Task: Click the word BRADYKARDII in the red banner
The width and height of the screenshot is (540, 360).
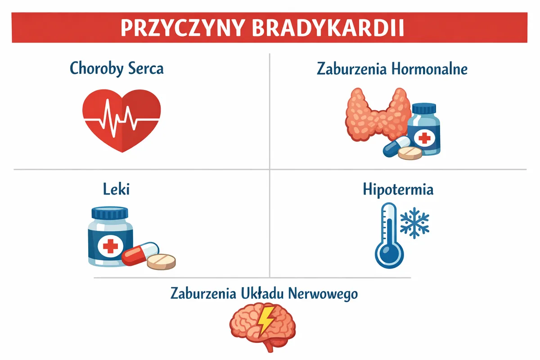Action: point(328,28)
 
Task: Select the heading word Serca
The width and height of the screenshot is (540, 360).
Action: point(146,68)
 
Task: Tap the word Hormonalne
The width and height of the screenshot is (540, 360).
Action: point(429,69)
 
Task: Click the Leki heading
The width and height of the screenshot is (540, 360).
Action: point(116,189)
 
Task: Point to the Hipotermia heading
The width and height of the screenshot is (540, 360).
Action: point(398,189)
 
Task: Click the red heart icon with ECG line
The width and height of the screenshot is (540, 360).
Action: point(121,121)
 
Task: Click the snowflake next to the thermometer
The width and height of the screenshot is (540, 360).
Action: point(414,223)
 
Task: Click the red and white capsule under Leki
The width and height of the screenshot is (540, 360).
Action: point(140,254)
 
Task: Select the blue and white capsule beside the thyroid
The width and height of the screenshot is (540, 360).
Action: point(396,146)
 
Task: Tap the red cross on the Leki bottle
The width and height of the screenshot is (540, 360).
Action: point(110,247)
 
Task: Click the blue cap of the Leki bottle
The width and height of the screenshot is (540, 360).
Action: point(110,213)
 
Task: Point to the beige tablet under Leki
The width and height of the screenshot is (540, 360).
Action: point(161,261)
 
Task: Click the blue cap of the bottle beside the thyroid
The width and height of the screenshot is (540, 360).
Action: point(424,108)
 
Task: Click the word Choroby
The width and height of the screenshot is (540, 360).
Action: point(96,69)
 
